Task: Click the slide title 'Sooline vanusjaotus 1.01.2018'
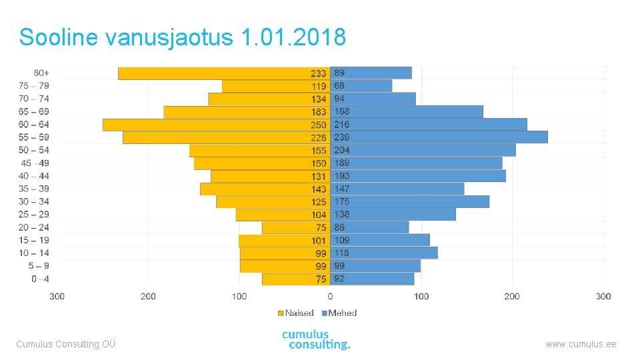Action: (183, 37)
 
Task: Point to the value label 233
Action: (319, 73)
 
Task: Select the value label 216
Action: (341, 125)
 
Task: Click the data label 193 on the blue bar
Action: (341, 176)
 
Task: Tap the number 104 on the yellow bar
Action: (319, 215)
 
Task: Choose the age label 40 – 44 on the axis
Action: (35, 176)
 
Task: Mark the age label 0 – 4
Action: (40, 279)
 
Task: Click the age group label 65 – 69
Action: (35, 112)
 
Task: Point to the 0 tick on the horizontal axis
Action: (331, 296)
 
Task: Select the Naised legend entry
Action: (295, 313)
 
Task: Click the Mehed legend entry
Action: (339, 313)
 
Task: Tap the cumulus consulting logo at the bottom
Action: (316, 340)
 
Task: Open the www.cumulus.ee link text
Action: (581, 344)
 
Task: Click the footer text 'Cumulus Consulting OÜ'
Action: (65, 344)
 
